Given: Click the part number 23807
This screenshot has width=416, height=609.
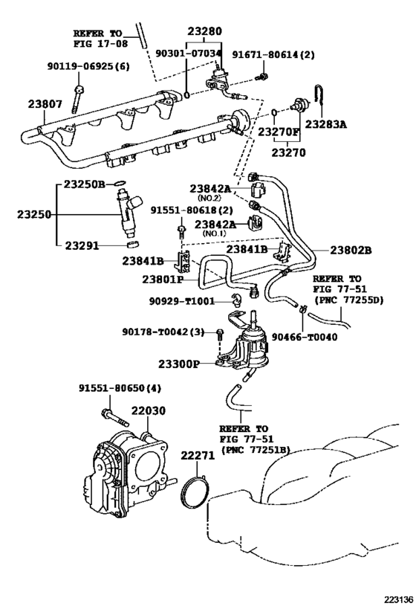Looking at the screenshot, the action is (45, 104).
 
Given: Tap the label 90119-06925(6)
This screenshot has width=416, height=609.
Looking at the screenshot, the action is (88, 66).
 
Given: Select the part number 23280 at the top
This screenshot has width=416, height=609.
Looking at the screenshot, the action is (205, 31).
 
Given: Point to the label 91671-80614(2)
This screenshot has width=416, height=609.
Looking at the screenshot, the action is (273, 55).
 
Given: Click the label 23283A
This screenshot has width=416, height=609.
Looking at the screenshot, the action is (325, 124).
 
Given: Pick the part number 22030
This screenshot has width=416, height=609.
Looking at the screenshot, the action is (148, 410).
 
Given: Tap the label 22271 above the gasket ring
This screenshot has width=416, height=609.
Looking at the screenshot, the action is (198, 456).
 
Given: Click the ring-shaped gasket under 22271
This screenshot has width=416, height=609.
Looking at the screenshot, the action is (195, 492).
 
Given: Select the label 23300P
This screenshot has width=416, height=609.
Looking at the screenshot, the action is (179, 364).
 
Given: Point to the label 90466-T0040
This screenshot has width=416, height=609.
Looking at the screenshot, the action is (304, 337).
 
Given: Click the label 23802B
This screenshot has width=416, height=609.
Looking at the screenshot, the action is (351, 251).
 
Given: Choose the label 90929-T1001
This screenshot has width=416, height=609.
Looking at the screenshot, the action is (181, 301).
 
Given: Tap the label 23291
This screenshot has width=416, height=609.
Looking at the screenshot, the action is (82, 245).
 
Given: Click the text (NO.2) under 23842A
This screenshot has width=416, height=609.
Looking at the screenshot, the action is (209, 198).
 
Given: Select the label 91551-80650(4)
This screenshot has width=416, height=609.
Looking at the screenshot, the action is (120, 388).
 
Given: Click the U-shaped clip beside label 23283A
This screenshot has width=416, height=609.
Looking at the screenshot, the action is (319, 94).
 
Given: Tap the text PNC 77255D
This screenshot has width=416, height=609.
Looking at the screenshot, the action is (351, 300).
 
